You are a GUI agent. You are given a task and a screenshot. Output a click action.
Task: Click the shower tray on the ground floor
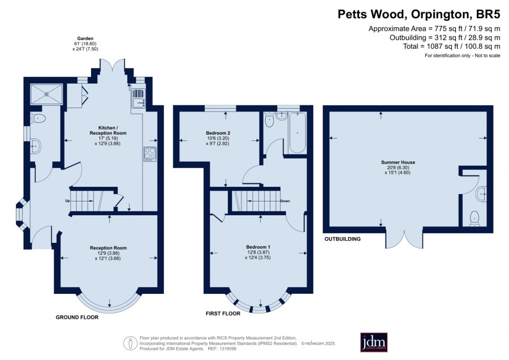(46, 94)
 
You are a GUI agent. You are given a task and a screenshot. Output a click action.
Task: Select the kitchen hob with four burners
(150, 154)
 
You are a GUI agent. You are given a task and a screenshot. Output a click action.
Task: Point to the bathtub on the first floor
(297, 132)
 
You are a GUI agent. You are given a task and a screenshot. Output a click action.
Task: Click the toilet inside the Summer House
(475, 218)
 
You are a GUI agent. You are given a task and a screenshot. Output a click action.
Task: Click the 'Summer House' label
(398, 162)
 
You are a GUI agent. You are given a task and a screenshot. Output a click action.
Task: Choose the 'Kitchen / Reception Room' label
(108, 130)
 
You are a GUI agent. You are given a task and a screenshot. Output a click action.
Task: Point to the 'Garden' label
(85, 38)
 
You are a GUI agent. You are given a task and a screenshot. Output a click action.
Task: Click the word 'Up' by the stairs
(67, 201)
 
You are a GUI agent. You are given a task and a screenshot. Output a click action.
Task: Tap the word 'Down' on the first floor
(285, 201)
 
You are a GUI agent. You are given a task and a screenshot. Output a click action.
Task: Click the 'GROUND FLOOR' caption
(77, 317)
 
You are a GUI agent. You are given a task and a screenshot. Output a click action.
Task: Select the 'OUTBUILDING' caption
(343, 239)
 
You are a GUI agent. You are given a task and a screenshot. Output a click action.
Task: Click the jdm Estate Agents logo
(374, 342)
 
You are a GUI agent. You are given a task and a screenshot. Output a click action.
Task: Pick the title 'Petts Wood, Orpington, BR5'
(419, 14)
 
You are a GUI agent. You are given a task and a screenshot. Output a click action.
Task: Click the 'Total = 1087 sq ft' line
(451, 46)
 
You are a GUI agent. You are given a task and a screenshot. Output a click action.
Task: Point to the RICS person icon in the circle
(130, 343)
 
